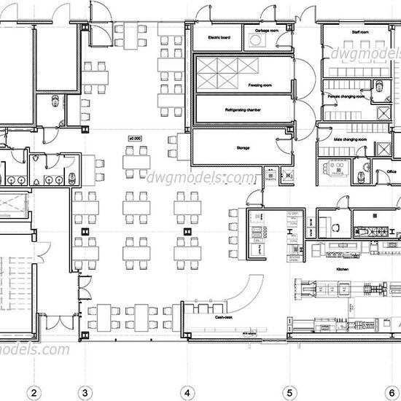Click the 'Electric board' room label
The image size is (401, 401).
pyautogui.click(x=219, y=36)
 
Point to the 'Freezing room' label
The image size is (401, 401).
pyautogui.click(x=259, y=85)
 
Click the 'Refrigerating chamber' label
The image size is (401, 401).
pyautogui.click(x=244, y=110)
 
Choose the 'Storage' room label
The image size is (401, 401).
pyautogui.click(x=243, y=147)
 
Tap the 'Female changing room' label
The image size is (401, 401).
pyautogui.click(x=347, y=96)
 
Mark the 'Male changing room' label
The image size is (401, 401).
pyautogui.click(x=344, y=137)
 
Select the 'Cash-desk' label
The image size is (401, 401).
pyautogui.click(x=223, y=318)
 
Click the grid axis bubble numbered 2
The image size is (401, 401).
pyautogui.click(x=33, y=392)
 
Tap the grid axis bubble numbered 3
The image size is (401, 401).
pyautogui.click(x=85, y=392)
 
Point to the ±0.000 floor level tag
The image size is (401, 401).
pyautogui.click(x=134, y=136)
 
